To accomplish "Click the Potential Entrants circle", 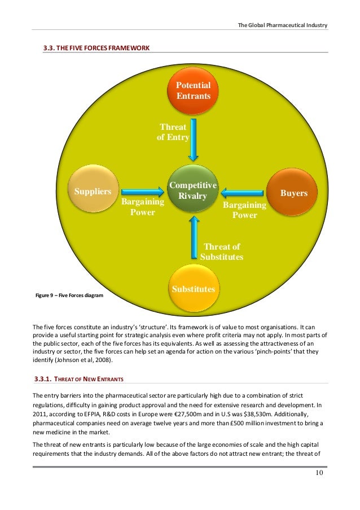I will (x=194, y=90).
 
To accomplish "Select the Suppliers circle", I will (x=93, y=191).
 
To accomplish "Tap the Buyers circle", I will (x=294, y=193).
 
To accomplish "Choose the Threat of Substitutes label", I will (x=221, y=251).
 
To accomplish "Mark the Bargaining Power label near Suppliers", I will (x=143, y=207).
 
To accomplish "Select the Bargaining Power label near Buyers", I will (x=244, y=210).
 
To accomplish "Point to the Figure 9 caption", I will (x=69, y=295).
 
